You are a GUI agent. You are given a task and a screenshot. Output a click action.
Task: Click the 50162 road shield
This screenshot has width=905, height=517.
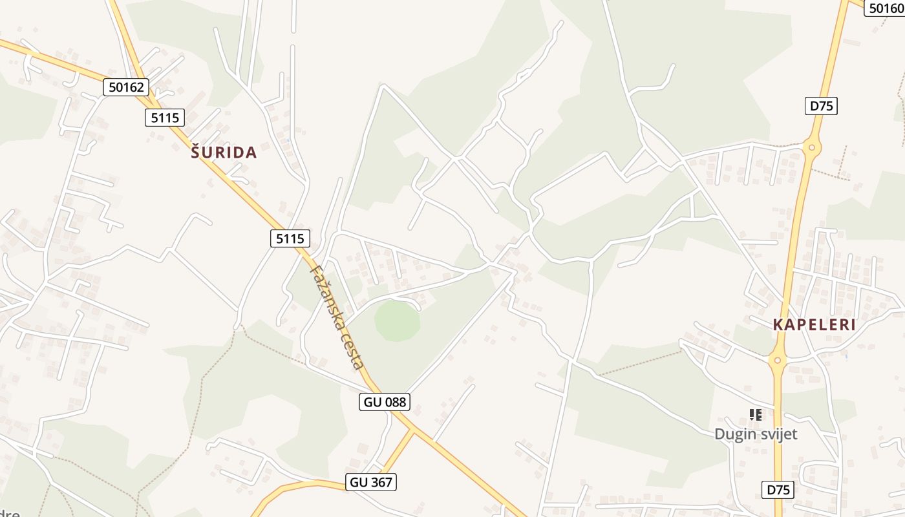pyautogui.click(x=126, y=87)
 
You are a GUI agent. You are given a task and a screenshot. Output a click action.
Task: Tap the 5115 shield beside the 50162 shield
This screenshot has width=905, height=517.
pyautogui.click(x=164, y=117)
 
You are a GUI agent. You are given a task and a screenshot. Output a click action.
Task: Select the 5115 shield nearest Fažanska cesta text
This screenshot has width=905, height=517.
pyautogui.click(x=290, y=238)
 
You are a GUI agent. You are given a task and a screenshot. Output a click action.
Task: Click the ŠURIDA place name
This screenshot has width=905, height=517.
pyautogui.click(x=224, y=153)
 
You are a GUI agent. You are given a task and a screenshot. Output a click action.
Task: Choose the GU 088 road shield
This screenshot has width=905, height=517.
pyautogui.click(x=385, y=402)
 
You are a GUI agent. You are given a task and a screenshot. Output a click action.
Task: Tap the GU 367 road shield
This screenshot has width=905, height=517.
pyautogui.click(x=370, y=482)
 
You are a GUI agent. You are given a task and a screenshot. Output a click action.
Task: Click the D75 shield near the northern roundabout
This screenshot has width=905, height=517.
pyautogui.click(x=821, y=106)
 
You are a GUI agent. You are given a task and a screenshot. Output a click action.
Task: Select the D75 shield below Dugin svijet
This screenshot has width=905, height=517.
pyautogui.click(x=778, y=490)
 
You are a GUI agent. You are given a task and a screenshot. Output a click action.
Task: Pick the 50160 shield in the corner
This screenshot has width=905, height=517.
pyautogui.click(x=885, y=8)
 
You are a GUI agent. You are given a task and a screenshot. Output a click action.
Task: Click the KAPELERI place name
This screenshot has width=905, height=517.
pyautogui.click(x=814, y=325)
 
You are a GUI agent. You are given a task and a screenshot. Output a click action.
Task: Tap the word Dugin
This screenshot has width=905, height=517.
pyautogui.click(x=735, y=434)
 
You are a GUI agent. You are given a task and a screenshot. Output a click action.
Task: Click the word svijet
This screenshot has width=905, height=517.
pyautogui.click(x=778, y=434)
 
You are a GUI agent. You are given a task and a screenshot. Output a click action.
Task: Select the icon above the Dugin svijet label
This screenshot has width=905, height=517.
pyautogui.click(x=756, y=414)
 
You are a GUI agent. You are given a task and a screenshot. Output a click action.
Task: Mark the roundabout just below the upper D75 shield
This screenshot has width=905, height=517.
pyautogui.click(x=812, y=148)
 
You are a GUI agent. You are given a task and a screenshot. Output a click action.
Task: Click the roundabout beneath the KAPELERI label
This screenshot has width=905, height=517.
pyautogui.click(x=778, y=359)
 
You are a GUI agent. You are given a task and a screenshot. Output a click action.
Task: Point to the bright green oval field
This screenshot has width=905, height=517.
pyautogui.click(x=397, y=321)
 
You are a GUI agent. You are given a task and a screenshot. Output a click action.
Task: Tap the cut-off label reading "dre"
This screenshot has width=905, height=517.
pyautogui.click(x=9, y=514)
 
